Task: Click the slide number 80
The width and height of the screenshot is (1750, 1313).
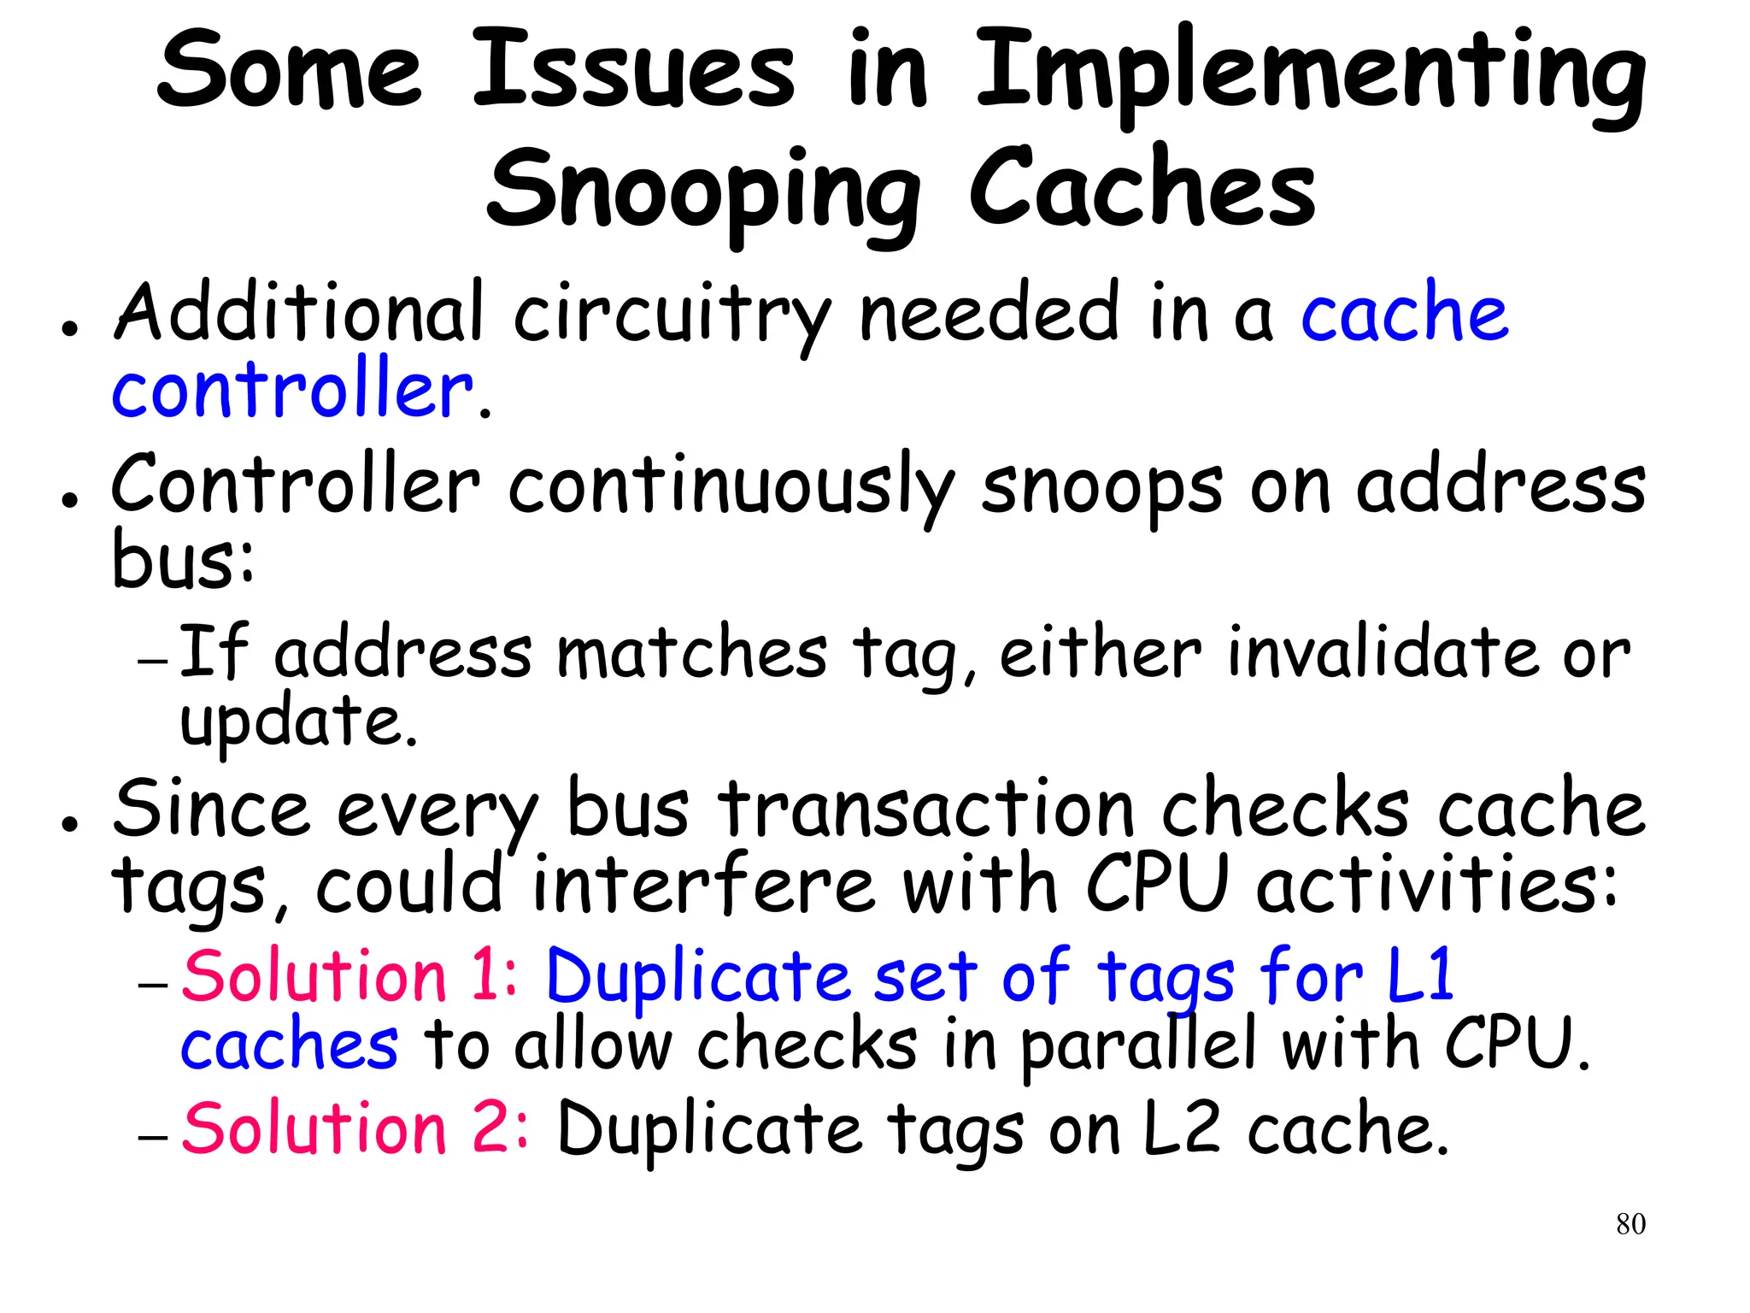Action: (1630, 1224)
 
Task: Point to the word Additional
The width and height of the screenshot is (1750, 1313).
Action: (299, 312)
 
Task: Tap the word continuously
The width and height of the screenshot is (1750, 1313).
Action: (731, 487)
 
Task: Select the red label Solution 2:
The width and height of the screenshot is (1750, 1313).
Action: (355, 1128)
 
